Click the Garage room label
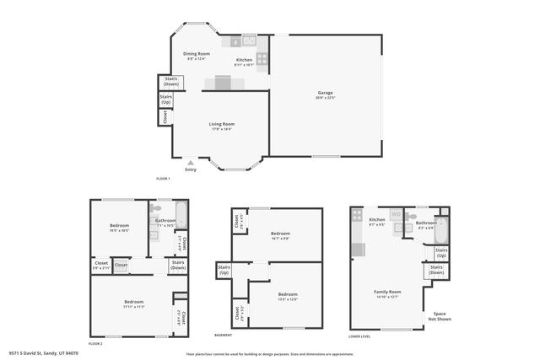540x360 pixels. coord(326,94)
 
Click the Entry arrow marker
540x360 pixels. coord(191,163)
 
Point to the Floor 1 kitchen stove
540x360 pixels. coord(262,59)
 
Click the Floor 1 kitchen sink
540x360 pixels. coord(250,40)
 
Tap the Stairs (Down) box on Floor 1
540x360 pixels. coord(171,82)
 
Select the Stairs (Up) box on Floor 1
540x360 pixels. coord(166,99)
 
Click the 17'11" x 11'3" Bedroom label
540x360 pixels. coord(134,304)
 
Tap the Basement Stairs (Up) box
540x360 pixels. coord(224,271)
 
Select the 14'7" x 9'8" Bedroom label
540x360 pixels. coord(280,235)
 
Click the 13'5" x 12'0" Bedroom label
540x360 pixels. coord(288,296)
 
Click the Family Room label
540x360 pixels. coord(387,293)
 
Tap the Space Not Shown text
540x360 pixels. coord(439,316)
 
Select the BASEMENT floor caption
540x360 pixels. coord(224,336)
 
